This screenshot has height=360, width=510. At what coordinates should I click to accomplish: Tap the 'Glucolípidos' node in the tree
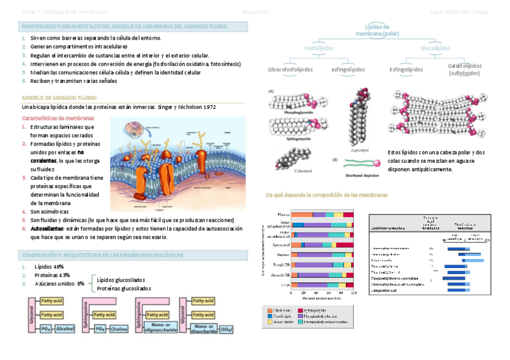435,47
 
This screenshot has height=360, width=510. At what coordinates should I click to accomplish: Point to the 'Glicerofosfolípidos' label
290,69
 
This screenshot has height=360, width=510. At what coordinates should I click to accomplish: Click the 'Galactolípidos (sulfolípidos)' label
464,69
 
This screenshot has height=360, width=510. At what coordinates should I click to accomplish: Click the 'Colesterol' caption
290,171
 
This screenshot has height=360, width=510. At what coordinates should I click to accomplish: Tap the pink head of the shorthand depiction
377,163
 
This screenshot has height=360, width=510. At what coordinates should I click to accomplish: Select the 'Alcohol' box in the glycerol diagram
64,329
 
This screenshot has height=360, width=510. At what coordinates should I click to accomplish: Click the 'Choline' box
119,329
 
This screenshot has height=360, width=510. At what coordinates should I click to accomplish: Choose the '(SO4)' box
227,329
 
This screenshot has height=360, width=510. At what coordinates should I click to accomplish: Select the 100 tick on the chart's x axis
354,293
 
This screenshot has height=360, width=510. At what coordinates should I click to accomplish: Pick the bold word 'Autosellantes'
46,229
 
